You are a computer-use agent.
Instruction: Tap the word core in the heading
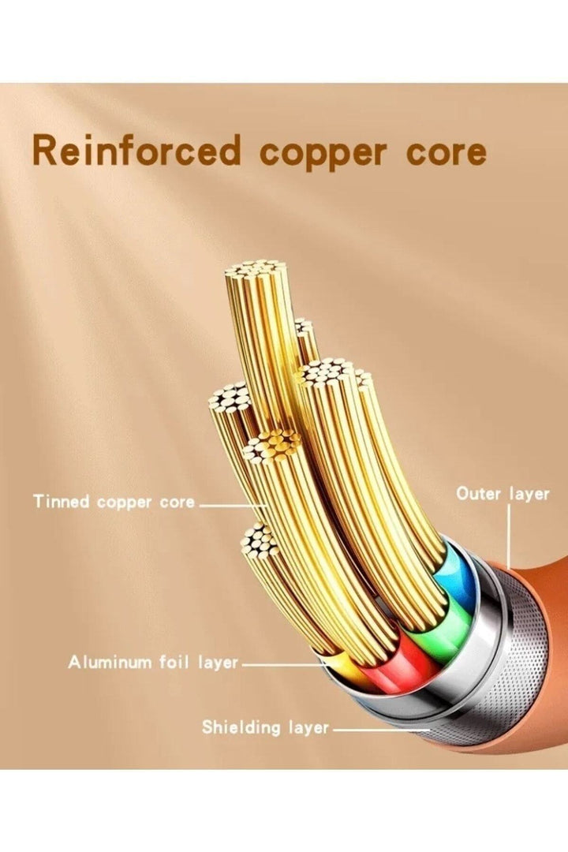[446, 154]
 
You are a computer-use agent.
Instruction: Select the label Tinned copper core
[114, 502]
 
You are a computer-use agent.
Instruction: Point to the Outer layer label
[503, 495]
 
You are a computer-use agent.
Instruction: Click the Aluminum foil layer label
[153, 663]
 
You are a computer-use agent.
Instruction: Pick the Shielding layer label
[265, 727]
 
